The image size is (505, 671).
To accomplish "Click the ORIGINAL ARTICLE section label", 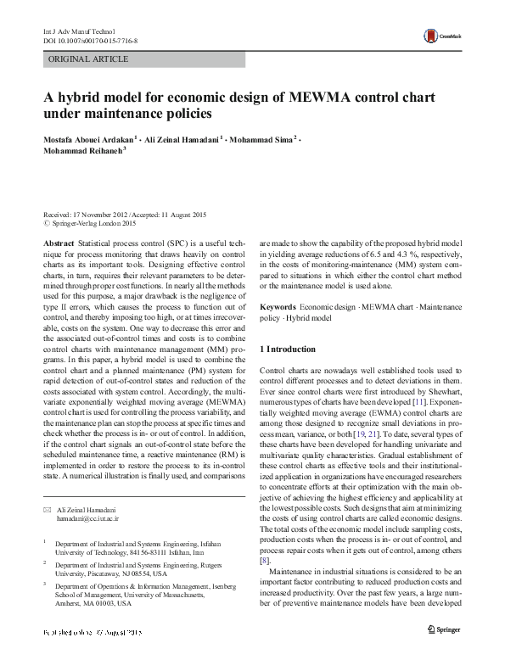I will (x=89, y=59).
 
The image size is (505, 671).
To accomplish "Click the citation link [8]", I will (x=265, y=561).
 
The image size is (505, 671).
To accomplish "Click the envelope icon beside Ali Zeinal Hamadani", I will (x=47, y=508).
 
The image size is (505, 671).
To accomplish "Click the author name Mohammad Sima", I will (x=264, y=138).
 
